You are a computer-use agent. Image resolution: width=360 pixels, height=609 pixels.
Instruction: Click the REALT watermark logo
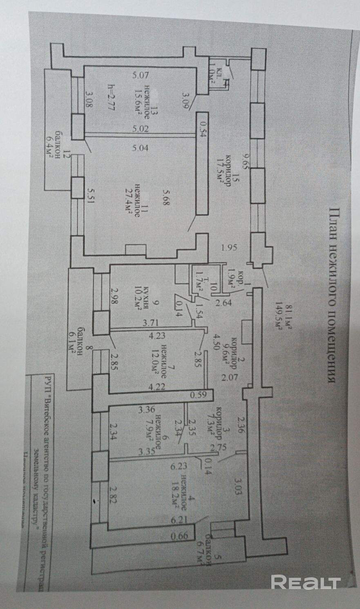[306, 582]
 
